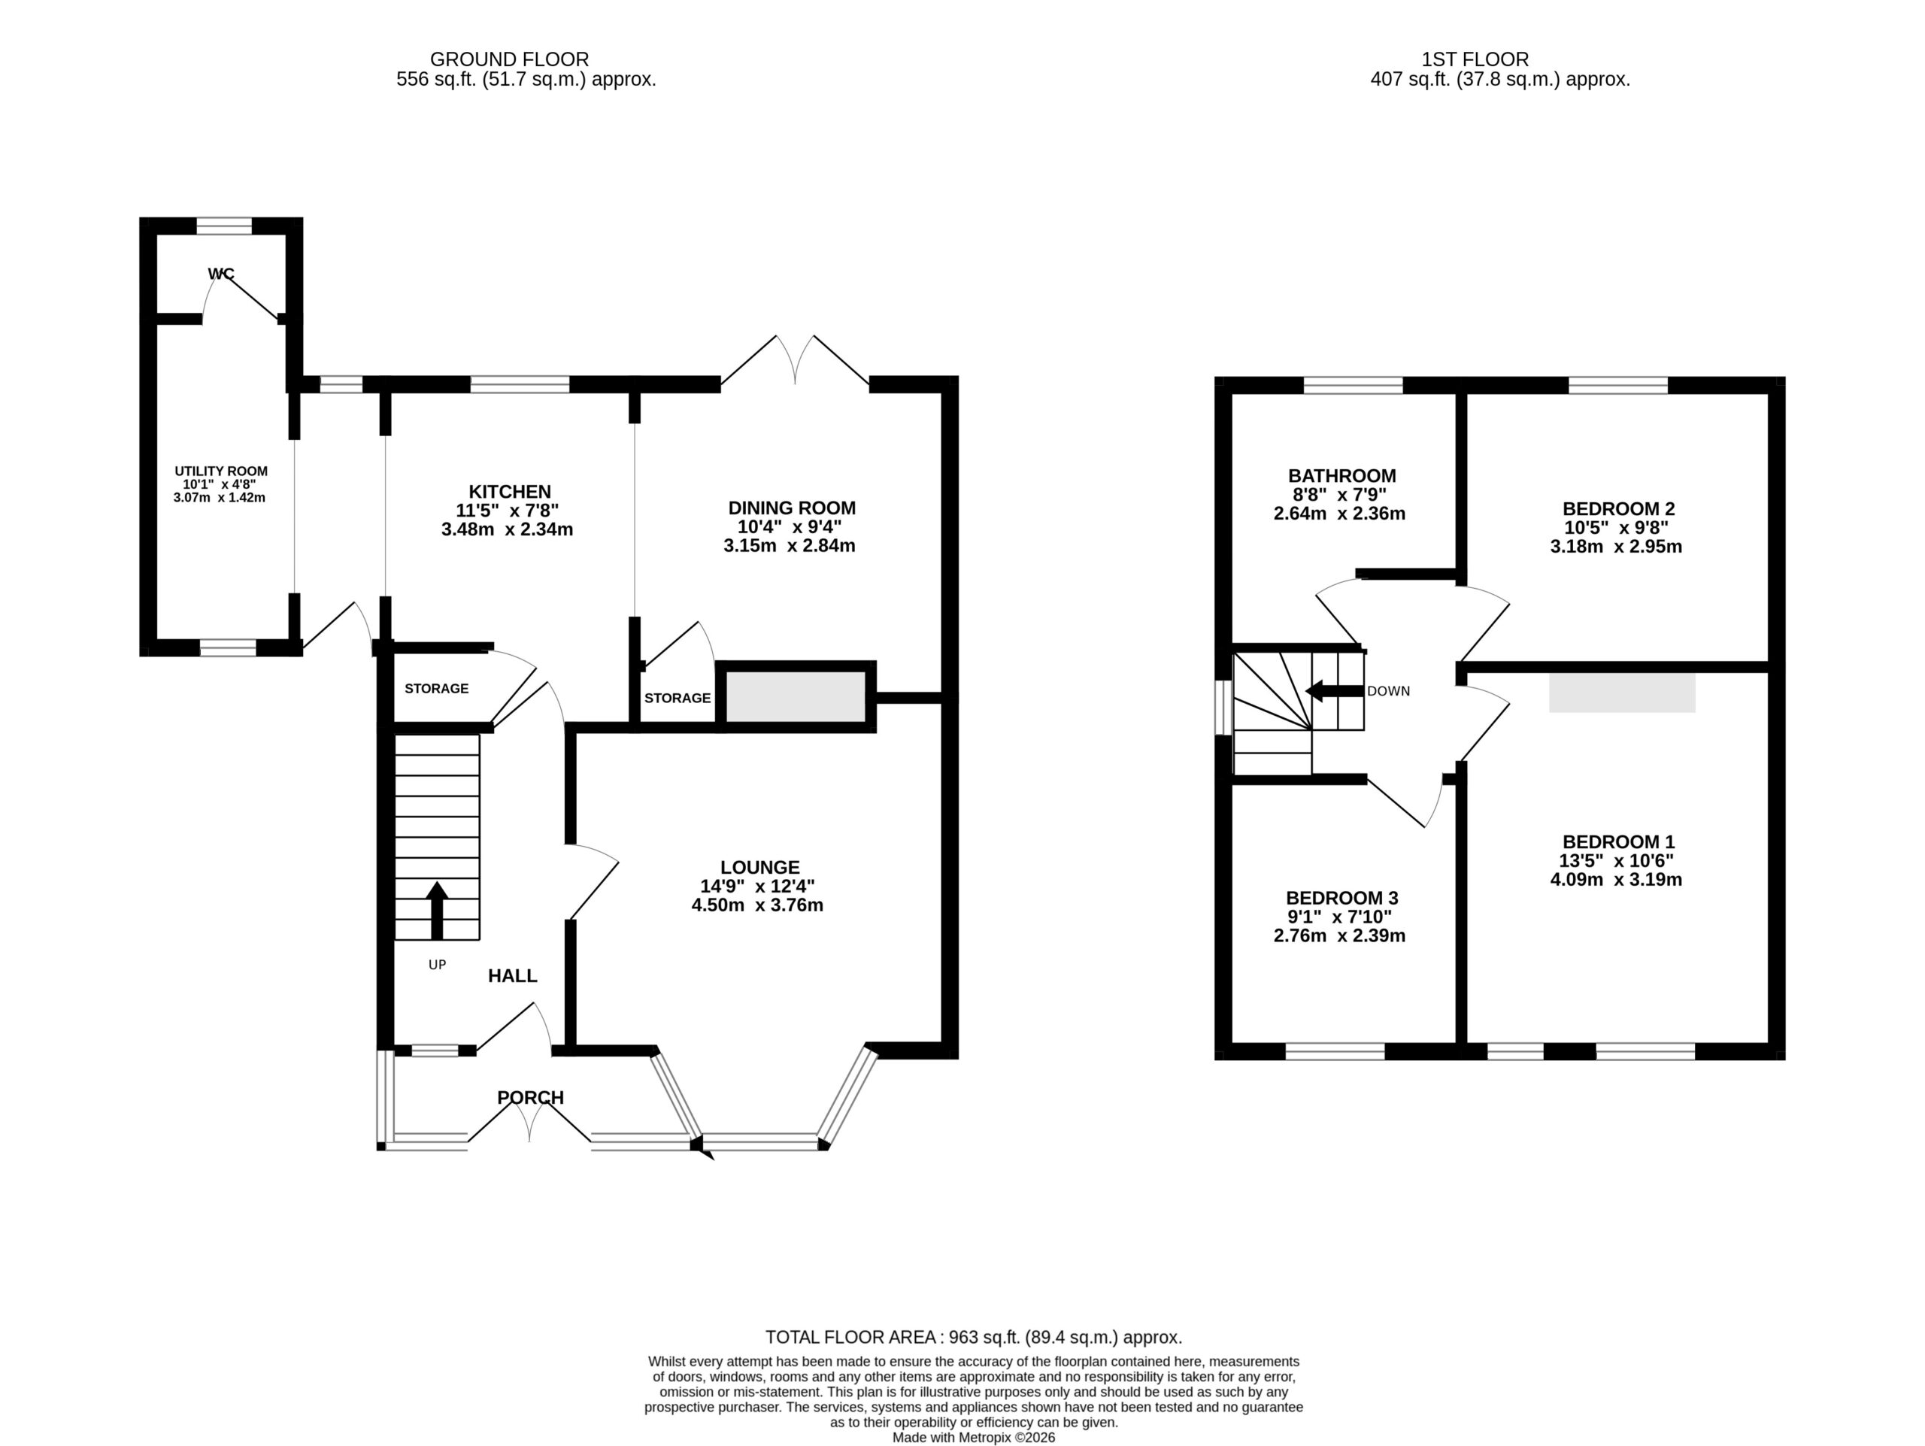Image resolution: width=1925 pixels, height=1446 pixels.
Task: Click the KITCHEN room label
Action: tap(510, 492)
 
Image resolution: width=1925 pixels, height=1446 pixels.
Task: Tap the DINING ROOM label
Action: tap(792, 508)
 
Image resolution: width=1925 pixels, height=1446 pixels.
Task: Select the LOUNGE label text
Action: tap(759, 868)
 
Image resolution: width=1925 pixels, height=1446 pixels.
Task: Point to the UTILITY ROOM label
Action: tap(221, 471)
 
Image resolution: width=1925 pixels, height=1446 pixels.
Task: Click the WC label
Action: tap(221, 274)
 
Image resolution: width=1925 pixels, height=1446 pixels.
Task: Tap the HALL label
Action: tap(513, 976)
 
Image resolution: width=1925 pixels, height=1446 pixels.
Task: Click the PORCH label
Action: tap(531, 1098)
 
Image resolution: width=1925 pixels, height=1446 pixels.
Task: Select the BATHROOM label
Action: tap(1342, 476)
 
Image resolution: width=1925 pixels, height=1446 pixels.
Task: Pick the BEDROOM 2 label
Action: tap(1619, 509)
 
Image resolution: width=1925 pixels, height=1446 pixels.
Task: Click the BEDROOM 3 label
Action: tap(1342, 898)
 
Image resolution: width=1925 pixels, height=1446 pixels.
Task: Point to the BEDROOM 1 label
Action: tap(1619, 842)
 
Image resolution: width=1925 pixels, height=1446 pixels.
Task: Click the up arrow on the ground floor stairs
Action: tap(437, 910)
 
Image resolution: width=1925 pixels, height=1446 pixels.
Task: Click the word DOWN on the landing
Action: tap(1389, 692)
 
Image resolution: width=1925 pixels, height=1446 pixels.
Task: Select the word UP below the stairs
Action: tap(437, 965)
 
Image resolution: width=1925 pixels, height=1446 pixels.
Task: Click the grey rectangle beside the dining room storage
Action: tap(796, 696)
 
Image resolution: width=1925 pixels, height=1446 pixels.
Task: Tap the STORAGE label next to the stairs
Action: tap(436, 689)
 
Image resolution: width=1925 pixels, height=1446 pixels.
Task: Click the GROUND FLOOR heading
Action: tap(509, 59)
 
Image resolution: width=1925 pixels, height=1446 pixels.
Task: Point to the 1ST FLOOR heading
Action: tap(1475, 59)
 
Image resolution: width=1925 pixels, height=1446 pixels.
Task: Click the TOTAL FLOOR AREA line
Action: tap(974, 1337)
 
